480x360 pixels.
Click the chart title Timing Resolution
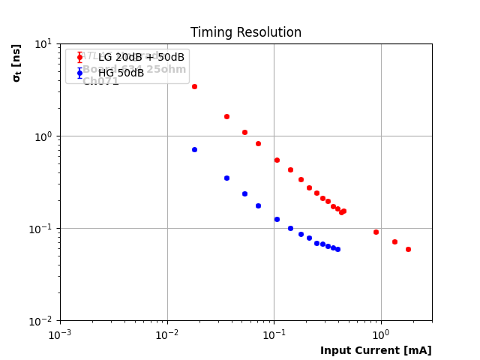(245, 33)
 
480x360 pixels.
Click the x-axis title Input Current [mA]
(376, 350)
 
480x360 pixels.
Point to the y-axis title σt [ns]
(16, 62)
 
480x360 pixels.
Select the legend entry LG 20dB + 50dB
(141, 58)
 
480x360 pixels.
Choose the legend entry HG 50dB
(121, 73)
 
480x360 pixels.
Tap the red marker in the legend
(79, 58)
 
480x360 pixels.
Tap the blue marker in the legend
(79, 73)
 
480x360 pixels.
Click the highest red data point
(194, 86)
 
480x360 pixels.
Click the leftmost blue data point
(194, 149)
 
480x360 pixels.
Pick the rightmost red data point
(408, 249)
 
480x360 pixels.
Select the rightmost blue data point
(337, 249)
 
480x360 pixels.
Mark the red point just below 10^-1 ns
(376, 232)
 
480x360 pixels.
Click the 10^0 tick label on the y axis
(43, 136)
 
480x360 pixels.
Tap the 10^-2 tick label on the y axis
(42, 321)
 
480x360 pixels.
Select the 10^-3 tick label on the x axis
(60, 334)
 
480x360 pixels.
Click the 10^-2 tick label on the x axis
(167, 334)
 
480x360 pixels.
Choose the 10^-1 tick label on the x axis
(274, 334)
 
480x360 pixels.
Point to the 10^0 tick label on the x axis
(381, 334)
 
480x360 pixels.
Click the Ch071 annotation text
(100, 82)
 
